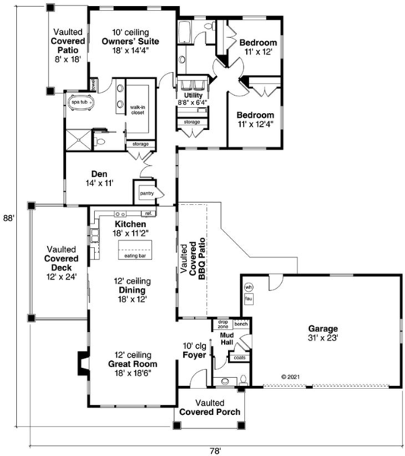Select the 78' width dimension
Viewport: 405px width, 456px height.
(216, 449)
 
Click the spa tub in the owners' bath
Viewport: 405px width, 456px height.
(80, 101)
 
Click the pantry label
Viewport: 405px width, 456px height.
(145, 194)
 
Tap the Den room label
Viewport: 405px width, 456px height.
(102, 178)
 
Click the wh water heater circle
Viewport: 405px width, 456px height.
(248, 287)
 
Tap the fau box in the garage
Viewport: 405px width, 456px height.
(248, 299)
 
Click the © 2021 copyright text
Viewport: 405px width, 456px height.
(293, 376)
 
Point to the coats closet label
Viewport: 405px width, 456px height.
(241, 356)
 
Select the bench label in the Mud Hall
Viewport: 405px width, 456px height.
(242, 325)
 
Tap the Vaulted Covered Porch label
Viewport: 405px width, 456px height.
(210, 407)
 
